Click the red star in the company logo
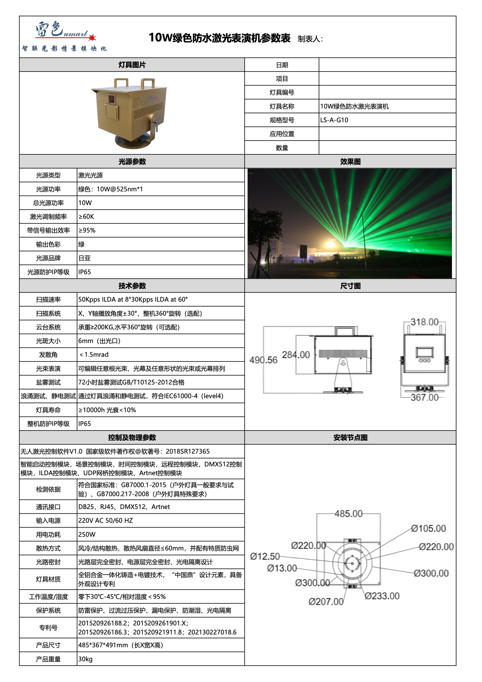(x=92, y=37)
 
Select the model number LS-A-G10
(x=334, y=120)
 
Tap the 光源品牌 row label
(x=48, y=258)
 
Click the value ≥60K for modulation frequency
(x=86, y=216)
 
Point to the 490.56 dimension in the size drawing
(x=263, y=360)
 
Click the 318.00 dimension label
(x=424, y=322)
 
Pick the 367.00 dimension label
(x=424, y=397)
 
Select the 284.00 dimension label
(x=295, y=355)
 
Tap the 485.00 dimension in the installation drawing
(x=348, y=514)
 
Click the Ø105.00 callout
(x=428, y=529)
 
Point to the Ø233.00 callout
(x=382, y=596)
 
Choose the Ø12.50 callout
(x=265, y=556)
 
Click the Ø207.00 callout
(x=326, y=601)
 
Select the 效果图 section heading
(x=350, y=162)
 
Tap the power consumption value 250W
(x=87, y=534)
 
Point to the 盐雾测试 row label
(x=48, y=382)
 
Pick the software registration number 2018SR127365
(x=187, y=452)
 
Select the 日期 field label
(x=282, y=65)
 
